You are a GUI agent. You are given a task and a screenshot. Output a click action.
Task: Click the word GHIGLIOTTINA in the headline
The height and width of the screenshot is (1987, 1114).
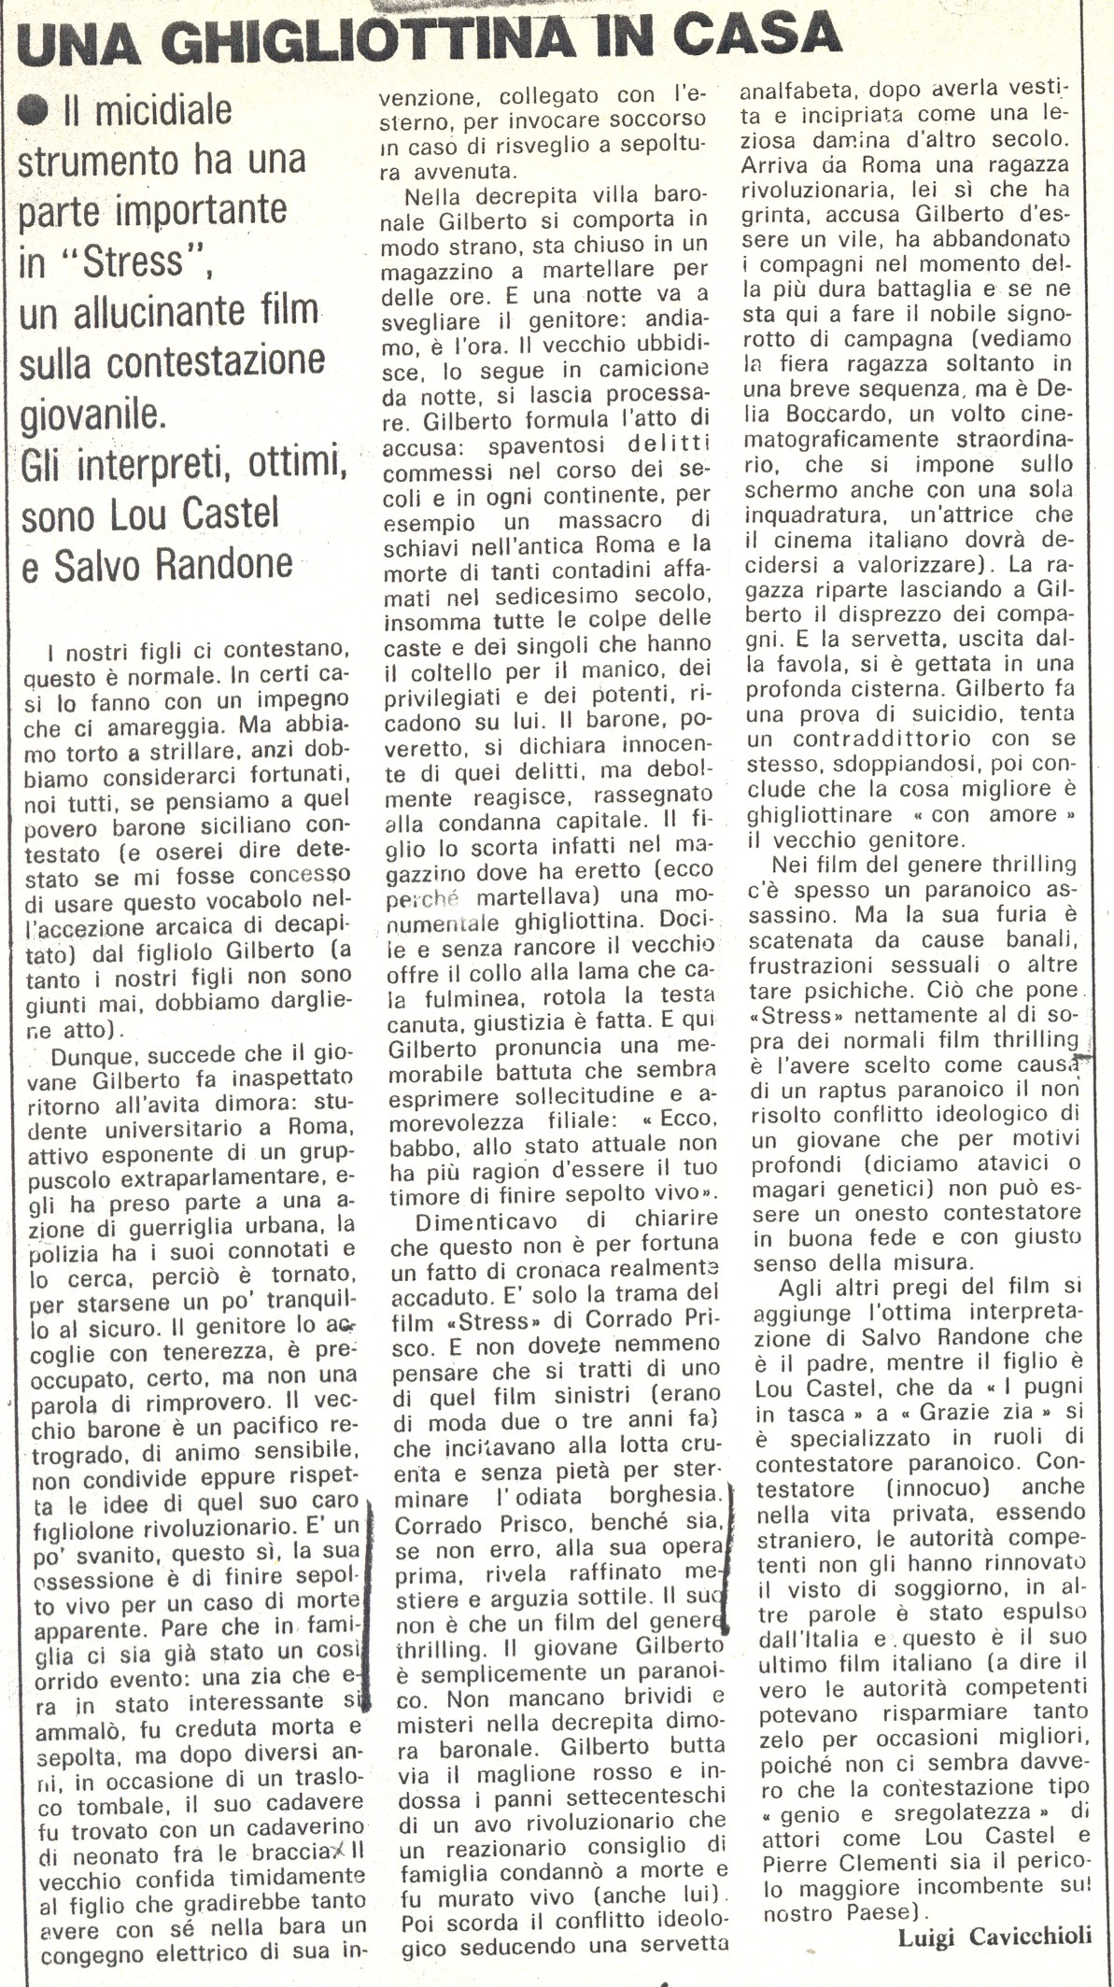(x=374, y=39)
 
